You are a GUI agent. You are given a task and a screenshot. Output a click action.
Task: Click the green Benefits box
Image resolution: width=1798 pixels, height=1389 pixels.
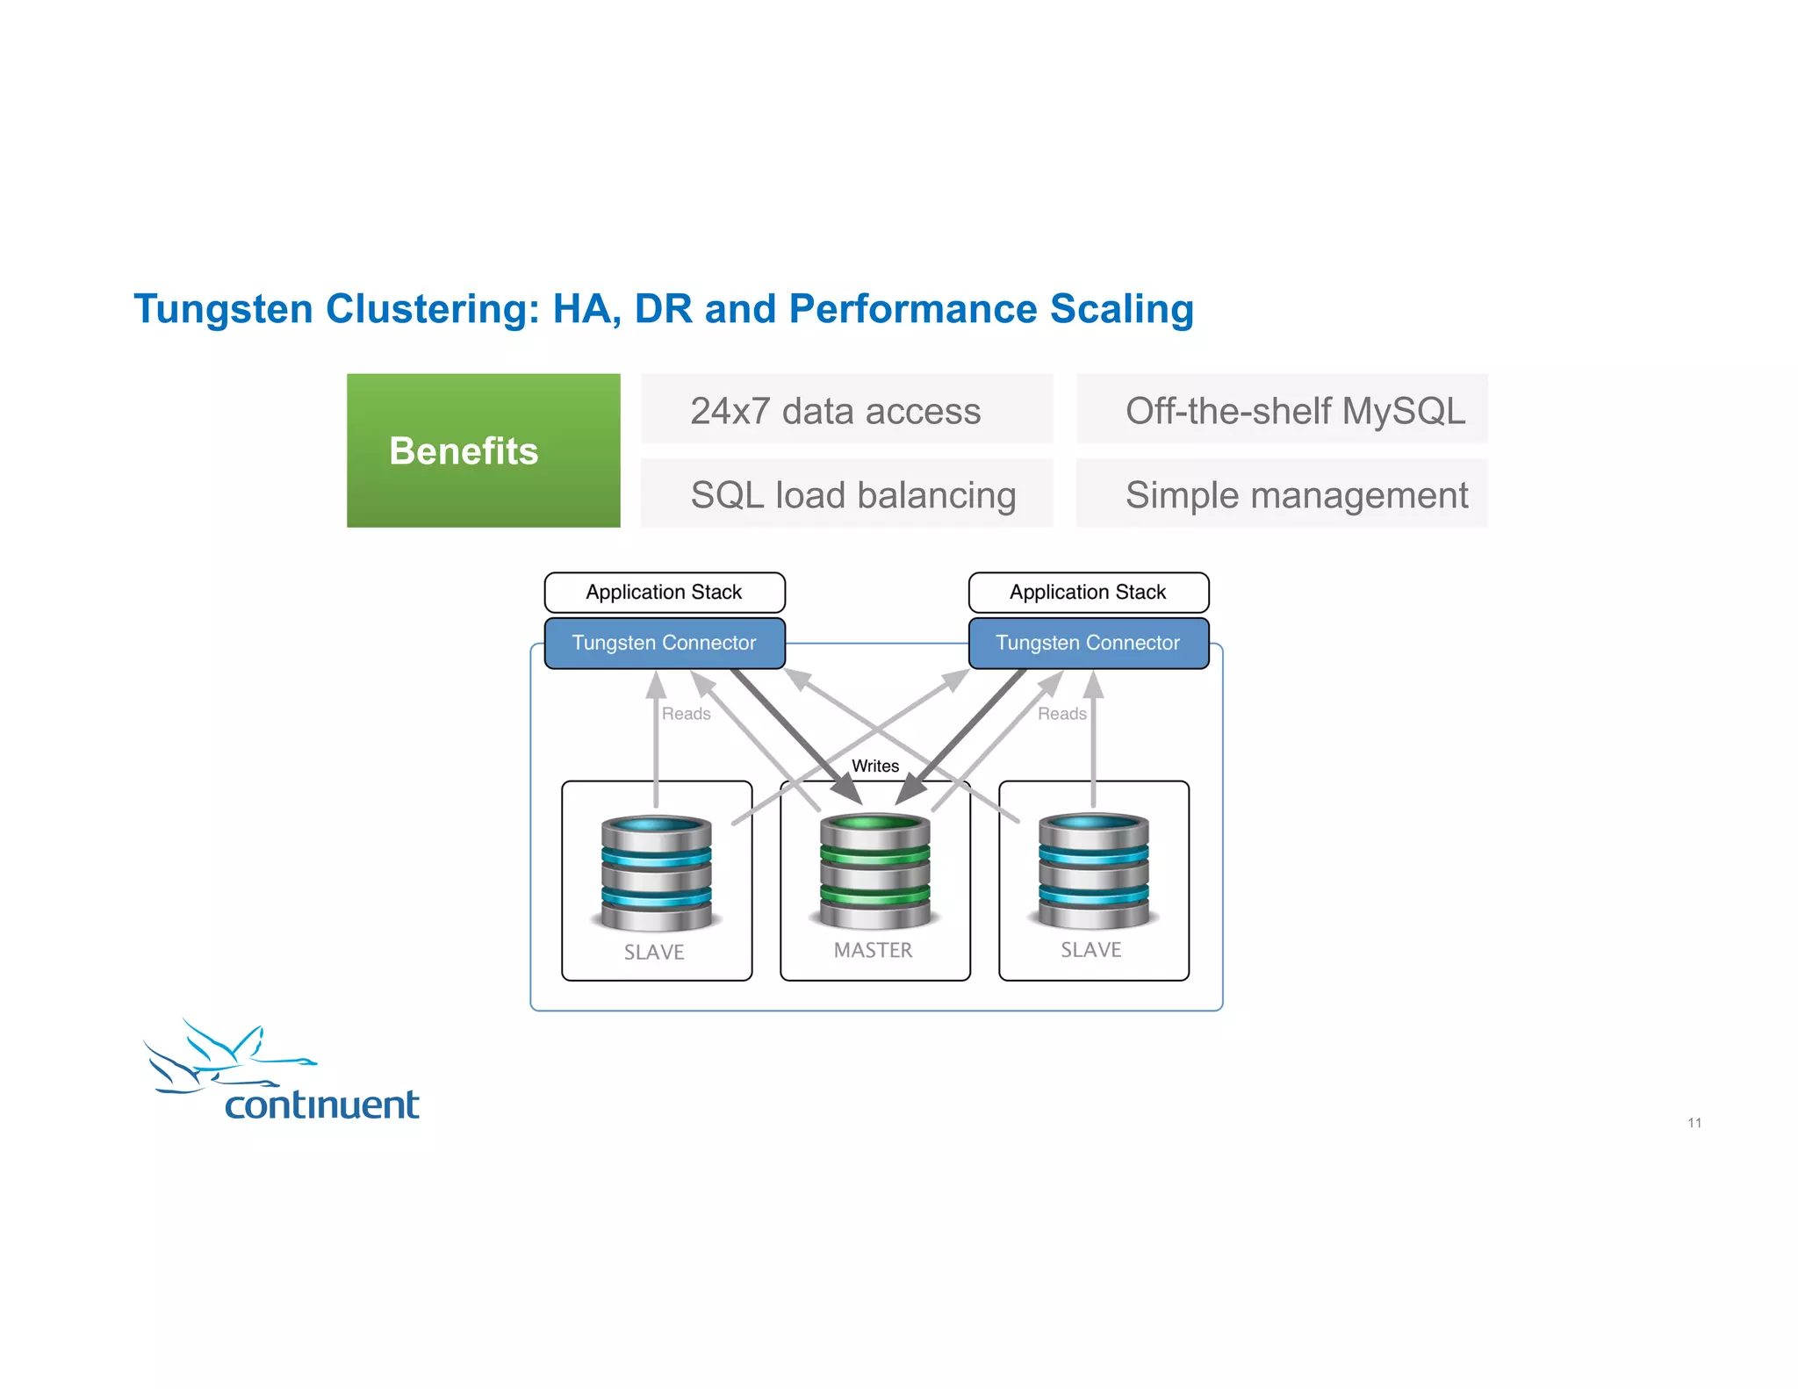(x=483, y=450)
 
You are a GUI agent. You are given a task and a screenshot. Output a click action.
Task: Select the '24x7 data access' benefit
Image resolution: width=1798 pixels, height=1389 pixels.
(x=835, y=411)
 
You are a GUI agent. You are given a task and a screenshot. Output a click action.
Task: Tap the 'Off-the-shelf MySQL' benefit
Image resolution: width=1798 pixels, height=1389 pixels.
(x=1295, y=411)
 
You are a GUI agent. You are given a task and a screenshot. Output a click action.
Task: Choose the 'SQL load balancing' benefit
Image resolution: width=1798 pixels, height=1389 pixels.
(x=852, y=494)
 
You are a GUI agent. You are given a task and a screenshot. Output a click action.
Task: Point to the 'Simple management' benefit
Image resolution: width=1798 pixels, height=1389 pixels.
(x=1296, y=494)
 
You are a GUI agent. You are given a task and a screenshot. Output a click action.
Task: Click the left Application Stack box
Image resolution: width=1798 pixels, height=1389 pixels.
(x=665, y=593)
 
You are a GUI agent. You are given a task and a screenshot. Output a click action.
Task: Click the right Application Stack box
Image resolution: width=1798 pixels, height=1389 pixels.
(x=1088, y=593)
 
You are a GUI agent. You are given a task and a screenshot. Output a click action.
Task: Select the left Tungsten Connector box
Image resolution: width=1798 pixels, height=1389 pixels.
(x=665, y=643)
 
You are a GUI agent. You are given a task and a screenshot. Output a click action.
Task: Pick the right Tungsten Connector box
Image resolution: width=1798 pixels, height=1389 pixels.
(x=1088, y=643)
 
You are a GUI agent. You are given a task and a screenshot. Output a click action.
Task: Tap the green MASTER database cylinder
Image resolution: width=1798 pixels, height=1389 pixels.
(x=875, y=871)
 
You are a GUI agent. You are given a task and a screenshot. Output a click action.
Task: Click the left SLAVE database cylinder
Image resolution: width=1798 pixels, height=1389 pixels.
(x=657, y=873)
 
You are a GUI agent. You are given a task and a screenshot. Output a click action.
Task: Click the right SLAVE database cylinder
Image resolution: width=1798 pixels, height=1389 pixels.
(x=1093, y=871)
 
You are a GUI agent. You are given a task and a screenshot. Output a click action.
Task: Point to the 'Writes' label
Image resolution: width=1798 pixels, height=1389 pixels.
(x=875, y=766)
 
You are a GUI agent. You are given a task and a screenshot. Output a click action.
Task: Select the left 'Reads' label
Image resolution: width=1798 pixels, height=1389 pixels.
(x=686, y=714)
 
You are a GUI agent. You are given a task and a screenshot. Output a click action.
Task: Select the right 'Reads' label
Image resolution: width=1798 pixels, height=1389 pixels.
(x=1061, y=714)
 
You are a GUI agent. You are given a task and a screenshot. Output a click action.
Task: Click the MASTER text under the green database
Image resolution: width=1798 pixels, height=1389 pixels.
(x=873, y=950)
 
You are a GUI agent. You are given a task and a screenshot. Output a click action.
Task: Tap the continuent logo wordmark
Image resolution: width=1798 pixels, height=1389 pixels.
(x=322, y=1105)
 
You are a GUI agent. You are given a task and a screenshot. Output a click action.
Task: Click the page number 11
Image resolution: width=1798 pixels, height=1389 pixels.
(x=1694, y=1123)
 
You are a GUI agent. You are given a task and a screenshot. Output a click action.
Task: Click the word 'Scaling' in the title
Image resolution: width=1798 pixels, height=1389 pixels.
(x=1121, y=309)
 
